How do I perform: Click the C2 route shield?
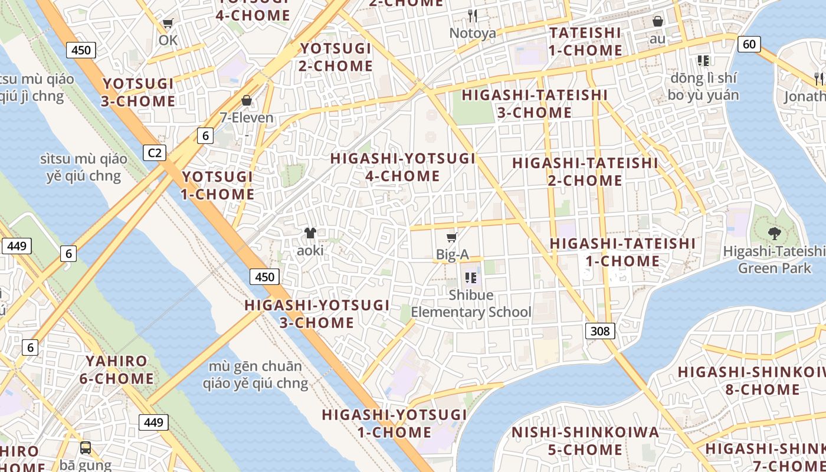click(154, 153)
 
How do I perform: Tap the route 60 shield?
click(749, 44)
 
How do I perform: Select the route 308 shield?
click(600, 331)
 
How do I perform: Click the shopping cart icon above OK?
click(168, 24)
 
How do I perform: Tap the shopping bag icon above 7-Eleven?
click(247, 100)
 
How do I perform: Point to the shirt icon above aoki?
click(310, 233)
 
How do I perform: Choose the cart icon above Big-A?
click(452, 237)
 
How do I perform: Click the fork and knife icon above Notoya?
click(472, 15)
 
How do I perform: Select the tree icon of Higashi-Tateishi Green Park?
click(775, 234)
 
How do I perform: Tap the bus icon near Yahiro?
click(86, 447)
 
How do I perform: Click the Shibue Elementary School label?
click(471, 303)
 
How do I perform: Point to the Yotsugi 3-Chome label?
click(138, 92)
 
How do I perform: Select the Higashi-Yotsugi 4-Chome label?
click(403, 167)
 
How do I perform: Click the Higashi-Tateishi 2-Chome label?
click(585, 171)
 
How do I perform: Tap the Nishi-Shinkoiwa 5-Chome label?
click(585, 441)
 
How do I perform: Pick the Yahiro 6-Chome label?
click(117, 369)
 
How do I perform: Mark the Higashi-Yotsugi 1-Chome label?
click(394, 423)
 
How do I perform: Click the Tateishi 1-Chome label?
click(585, 41)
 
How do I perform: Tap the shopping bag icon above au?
click(658, 22)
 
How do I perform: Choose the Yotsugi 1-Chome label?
click(218, 185)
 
